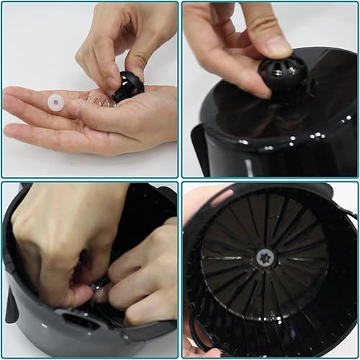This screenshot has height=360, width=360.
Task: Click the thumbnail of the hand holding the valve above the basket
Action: [x=270, y=89]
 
